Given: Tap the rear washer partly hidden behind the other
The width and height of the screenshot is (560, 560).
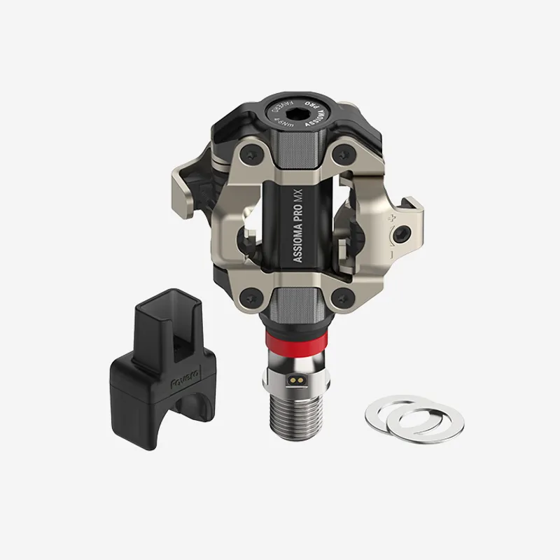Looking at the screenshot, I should [384, 410].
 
